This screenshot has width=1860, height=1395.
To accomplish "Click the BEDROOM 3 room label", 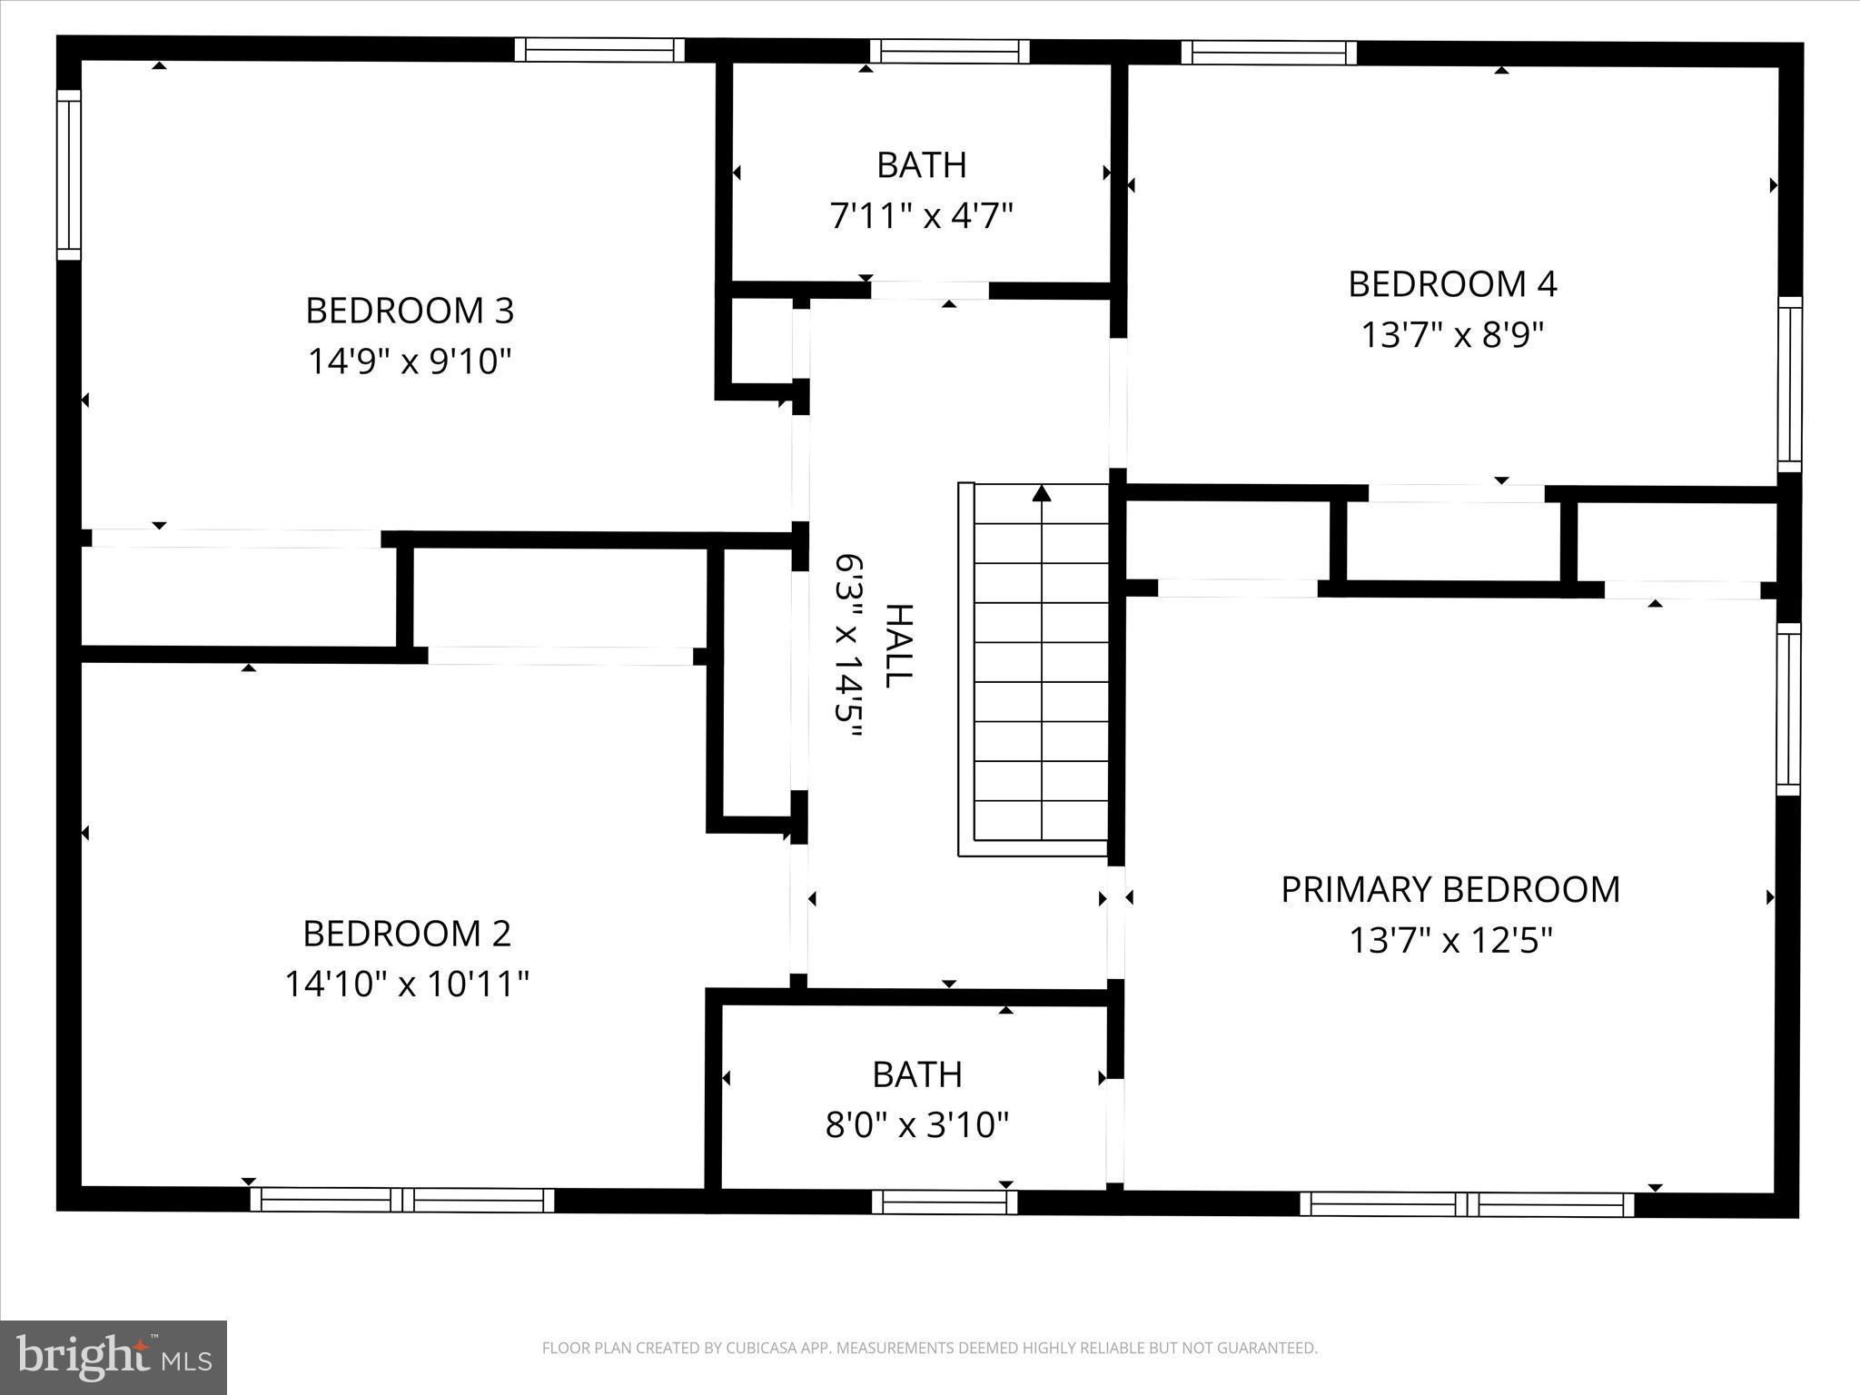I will click(x=410, y=311).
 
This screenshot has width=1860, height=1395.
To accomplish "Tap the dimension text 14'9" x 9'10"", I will click(x=410, y=361).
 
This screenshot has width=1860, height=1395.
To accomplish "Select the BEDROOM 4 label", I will click(x=1452, y=284).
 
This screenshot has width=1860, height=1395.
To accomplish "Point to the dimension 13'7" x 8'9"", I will click(x=1452, y=335).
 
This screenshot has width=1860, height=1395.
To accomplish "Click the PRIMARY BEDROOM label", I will click(x=1450, y=889).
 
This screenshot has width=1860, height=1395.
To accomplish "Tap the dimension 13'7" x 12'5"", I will click(x=1450, y=940).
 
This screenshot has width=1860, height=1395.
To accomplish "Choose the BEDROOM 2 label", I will click(x=407, y=933).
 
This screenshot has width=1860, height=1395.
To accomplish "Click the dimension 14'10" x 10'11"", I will click(x=407, y=984).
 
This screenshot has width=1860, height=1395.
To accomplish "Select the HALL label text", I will click(x=897, y=646).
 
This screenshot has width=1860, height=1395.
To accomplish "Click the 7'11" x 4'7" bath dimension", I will click(x=921, y=216).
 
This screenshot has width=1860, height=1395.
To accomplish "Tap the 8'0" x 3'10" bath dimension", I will click(x=917, y=1125).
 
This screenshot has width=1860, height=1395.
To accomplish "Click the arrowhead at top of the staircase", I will click(x=1042, y=493).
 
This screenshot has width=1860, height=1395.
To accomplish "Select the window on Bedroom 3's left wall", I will click(x=69, y=174).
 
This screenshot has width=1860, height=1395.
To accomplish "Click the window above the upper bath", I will click(x=950, y=51).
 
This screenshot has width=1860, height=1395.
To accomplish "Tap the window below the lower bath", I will click(x=945, y=1202).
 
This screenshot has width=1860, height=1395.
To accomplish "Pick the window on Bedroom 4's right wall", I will click(x=1789, y=384).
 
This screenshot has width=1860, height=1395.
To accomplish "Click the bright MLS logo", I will click(x=114, y=1357).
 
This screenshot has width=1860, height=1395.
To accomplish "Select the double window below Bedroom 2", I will click(x=402, y=1200).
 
